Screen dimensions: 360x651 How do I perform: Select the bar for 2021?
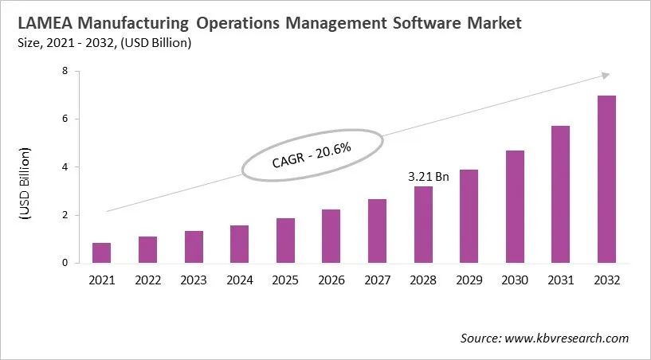click(101, 252)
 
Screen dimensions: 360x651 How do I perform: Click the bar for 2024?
click(240, 244)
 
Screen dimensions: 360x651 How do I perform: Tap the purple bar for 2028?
click(424, 225)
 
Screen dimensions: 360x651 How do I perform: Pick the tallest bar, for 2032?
click(606, 179)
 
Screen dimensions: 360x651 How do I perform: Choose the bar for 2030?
click(515, 206)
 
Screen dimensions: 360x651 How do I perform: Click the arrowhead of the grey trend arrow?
click(606, 76)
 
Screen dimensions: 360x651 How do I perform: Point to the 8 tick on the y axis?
click(76, 72)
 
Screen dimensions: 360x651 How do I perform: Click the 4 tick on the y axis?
click(76, 167)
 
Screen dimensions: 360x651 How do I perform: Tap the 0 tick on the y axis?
click(76, 263)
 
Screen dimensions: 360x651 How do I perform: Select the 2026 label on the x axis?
click(331, 280)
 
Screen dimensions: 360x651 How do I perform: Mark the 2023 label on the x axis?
click(194, 280)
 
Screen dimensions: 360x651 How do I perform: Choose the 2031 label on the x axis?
click(561, 280)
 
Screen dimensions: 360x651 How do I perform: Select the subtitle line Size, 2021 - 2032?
click(103, 43)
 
